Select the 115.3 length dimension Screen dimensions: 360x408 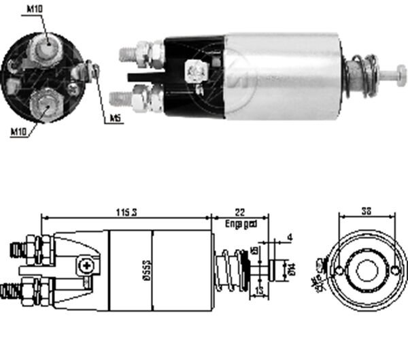click(x=126, y=213)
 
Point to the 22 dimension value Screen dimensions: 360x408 click(x=240, y=213)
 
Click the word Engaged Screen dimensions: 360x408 click(x=241, y=223)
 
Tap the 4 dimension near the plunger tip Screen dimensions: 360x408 click(x=289, y=238)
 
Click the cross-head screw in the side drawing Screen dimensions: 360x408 click(x=85, y=266)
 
